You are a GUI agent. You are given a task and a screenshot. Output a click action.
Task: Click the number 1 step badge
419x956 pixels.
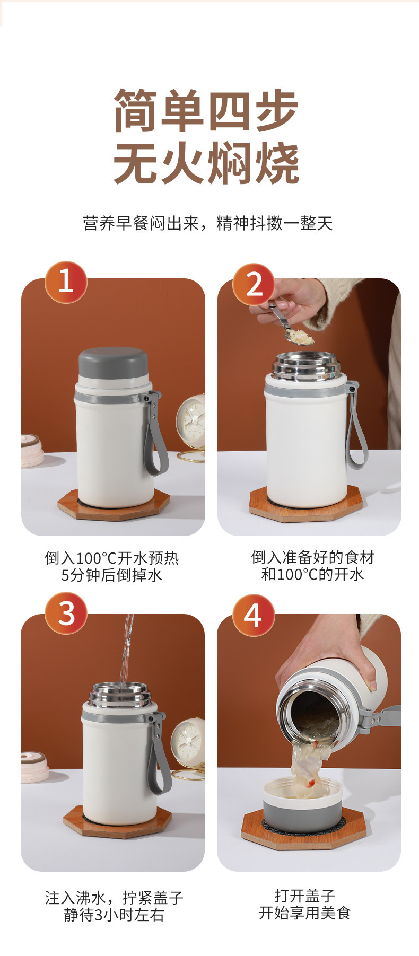coord(66,282)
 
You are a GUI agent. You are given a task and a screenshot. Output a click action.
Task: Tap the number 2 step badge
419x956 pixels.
coord(254,284)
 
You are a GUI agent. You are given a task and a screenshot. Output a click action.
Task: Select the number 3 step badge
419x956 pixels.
coord(66,613)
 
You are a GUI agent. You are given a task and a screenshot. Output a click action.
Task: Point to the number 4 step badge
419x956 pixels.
coord(254,616)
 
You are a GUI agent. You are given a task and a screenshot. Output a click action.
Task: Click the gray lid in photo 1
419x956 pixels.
coord(114,363)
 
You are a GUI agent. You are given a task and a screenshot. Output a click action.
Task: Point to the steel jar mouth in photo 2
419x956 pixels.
coord(307,365)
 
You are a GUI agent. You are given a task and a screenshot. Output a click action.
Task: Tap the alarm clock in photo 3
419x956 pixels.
coord(188,748)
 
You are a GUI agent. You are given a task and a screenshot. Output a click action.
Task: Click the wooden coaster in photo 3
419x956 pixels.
coord(118,821)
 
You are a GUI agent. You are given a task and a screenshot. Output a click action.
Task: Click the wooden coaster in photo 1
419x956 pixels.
coord(114,504)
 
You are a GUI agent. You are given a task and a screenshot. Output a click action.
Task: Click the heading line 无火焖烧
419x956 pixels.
coord(207,163)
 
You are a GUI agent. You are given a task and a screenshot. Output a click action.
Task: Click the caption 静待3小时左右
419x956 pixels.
coord(114,915)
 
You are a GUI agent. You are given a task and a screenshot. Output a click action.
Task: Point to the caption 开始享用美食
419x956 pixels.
coord(305,913)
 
